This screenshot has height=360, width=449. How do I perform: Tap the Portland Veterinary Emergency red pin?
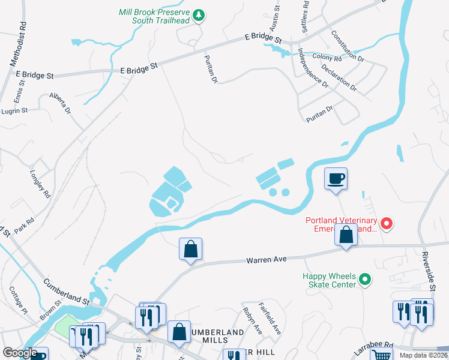click(387, 224)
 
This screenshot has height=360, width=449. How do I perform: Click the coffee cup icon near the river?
click(336, 178)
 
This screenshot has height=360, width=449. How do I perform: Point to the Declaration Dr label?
click(339, 78)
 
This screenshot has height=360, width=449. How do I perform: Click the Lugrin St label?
click(14, 111)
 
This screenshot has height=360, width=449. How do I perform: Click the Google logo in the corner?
click(20, 353)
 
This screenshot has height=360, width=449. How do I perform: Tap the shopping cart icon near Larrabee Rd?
click(380, 355)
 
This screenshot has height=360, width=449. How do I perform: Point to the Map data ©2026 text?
click(423, 355)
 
